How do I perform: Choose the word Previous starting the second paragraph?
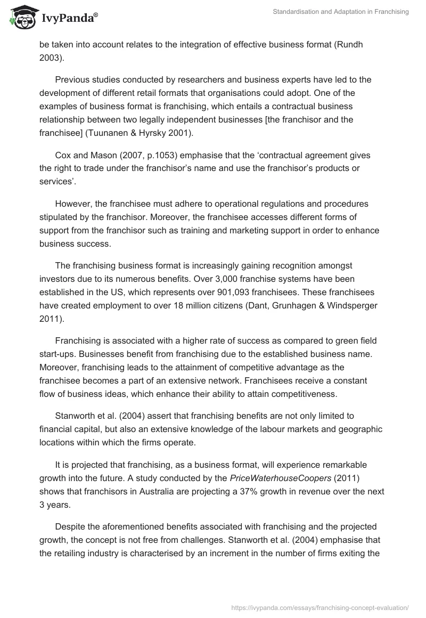point(72,79)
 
